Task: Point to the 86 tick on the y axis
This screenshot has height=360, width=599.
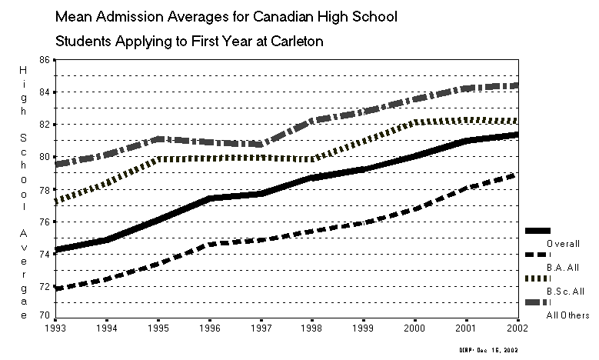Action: click(43, 59)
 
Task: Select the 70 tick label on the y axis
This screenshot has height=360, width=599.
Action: click(43, 315)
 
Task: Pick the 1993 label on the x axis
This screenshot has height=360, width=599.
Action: click(55, 328)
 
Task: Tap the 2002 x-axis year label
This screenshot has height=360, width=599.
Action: click(517, 328)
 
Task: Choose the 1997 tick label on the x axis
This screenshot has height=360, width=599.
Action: click(261, 328)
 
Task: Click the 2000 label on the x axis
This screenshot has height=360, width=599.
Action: click(415, 328)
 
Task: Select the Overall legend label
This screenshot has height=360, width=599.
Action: click(562, 244)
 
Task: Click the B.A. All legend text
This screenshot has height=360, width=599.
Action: click(562, 267)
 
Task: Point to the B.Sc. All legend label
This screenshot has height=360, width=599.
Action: click(564, 292)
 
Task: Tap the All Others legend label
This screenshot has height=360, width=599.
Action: click(567, 315)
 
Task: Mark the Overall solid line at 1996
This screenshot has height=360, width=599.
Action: click(209, 198)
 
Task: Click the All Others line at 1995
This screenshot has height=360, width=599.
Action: click(158, 139)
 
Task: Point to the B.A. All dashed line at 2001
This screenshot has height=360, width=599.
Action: click(467, 188)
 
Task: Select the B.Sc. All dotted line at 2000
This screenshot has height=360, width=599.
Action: click(415, 122)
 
